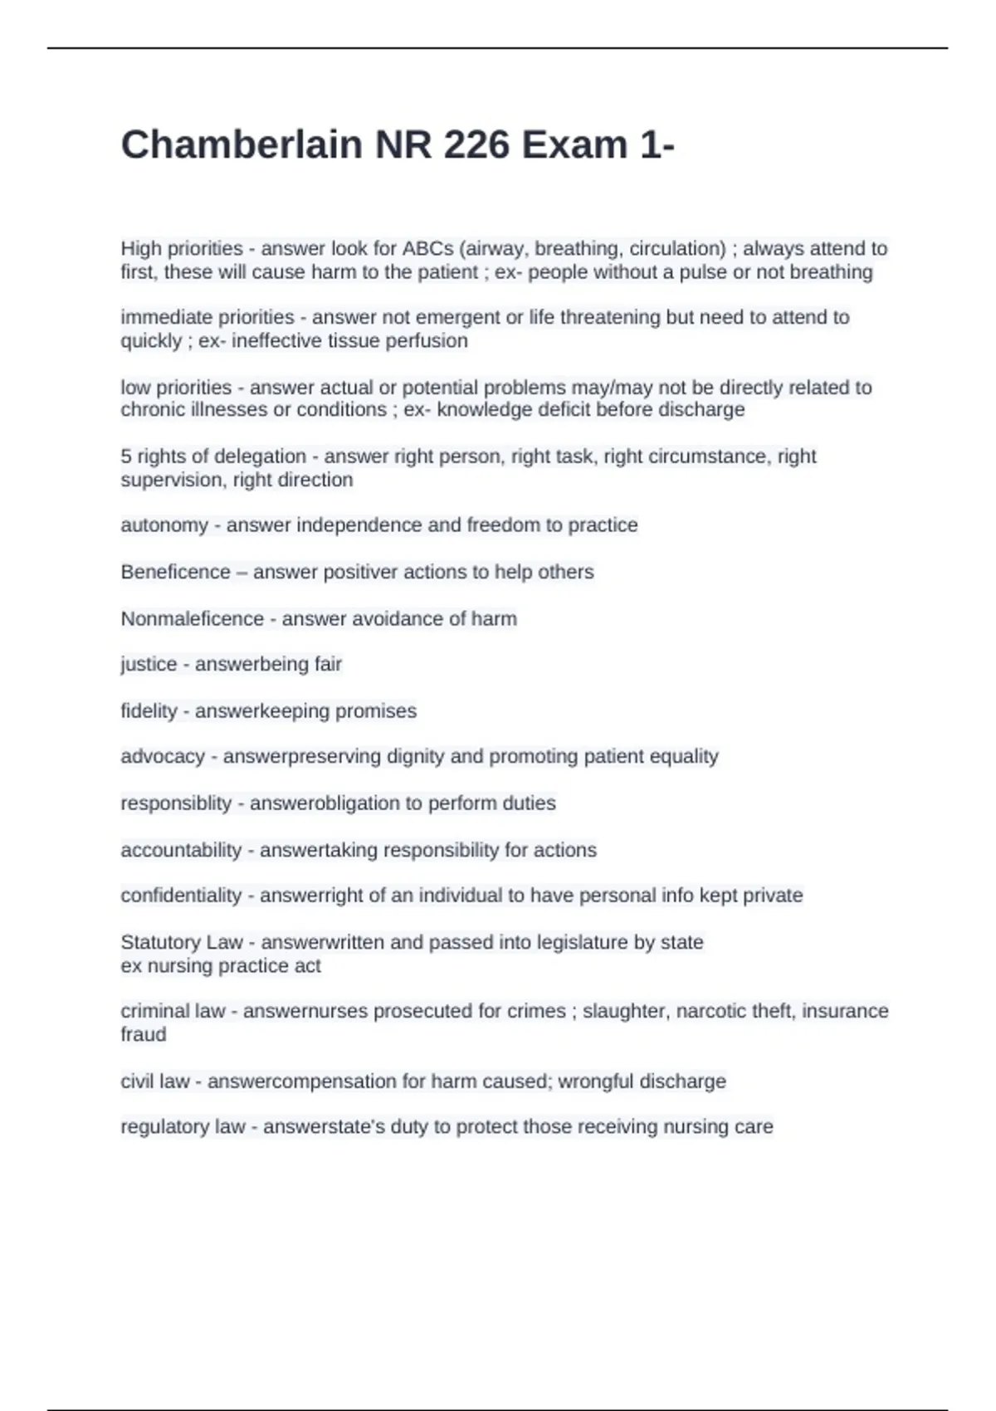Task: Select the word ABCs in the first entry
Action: coord(427,248)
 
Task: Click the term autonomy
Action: coord(164,525)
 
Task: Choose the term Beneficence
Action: coord(175,572)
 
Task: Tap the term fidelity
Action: coord(149,710)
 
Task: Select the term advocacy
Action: coord(163,756)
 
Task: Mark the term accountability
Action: coord(180,850)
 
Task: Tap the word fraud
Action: coord(143,1034)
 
